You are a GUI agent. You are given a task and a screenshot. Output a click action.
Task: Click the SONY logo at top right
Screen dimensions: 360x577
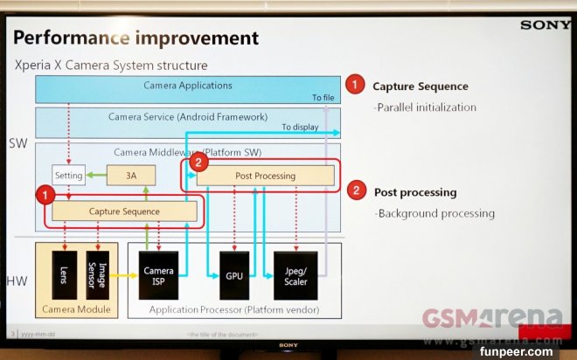click(545, 24)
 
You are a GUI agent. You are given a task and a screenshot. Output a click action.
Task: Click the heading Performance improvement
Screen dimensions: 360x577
click(136, 38)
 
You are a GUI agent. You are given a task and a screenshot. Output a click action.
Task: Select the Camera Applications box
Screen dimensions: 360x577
click(187, 87)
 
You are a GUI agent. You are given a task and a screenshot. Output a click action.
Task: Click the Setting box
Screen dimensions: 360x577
click(68, 176)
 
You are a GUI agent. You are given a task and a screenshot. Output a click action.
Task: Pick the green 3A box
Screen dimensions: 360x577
click(130, 176)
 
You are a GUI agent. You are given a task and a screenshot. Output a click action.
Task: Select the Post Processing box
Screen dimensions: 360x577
click(265, 177)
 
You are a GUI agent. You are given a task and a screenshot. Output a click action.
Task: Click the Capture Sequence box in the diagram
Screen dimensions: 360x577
click(123, 211)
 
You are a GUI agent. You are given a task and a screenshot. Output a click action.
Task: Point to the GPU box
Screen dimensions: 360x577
click(233, 274)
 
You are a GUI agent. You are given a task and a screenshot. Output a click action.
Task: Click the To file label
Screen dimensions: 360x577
click(323, 97)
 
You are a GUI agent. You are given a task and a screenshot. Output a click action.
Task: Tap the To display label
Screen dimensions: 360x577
click(300, 127)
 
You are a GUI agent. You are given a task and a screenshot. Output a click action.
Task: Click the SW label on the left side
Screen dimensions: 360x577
click(17, 143)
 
